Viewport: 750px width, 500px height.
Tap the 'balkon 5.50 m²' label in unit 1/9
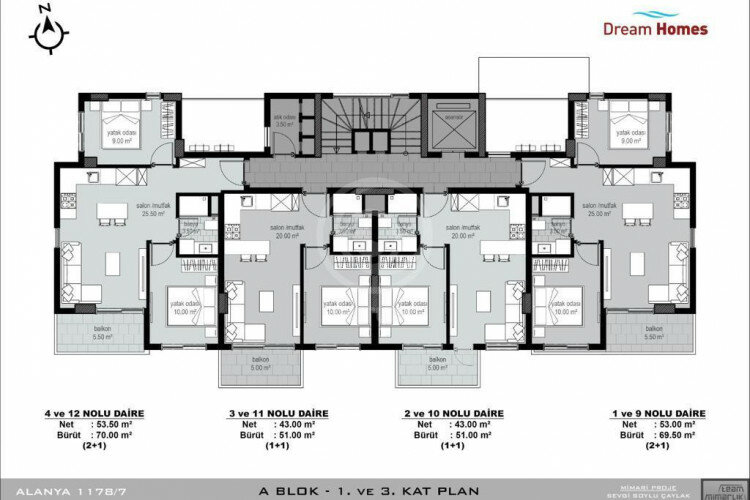click(x=655, y=333)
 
